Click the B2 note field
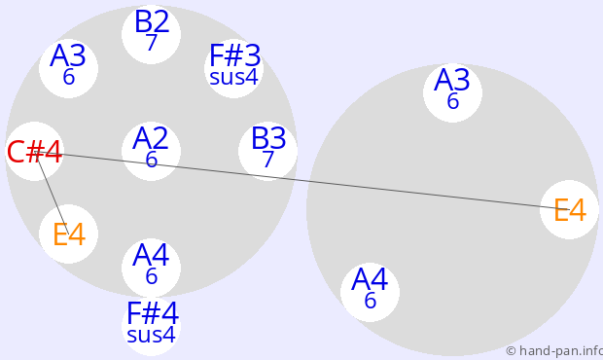pos(151,34)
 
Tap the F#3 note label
pos(235,55)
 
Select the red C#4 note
pos(35,152)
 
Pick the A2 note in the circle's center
pos(151,151)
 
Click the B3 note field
pos(268,151)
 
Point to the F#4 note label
pos(153,313)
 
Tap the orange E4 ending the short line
pos(68,234)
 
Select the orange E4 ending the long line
pos(569,209)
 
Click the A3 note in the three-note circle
pos(452,92)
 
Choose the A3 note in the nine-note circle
pos(68,68)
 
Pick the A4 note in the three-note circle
pos(370,292)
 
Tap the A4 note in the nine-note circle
pos(151,269)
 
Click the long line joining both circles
pos(301,180)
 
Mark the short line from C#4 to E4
pos(52,193)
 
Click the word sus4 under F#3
pos(233,77)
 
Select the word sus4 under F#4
pos(151,335)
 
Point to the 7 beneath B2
pos(152,42)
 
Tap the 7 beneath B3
pos(268,160)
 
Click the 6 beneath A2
pos(152,160)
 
